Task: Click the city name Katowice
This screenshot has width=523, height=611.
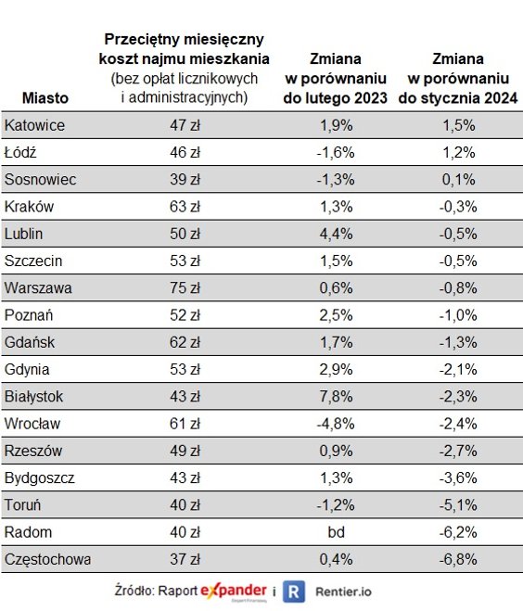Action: (34, 125)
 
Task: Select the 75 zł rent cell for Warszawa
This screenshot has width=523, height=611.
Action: (185, 287)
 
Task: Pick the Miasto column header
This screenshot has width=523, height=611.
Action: (42, 97)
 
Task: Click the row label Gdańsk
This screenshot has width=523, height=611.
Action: (30, 342)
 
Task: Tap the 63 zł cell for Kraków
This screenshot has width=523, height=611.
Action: (185, 206)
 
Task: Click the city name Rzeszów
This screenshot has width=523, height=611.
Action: (34, 451)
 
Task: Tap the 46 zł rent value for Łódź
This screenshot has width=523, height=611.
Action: (185, 152)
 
